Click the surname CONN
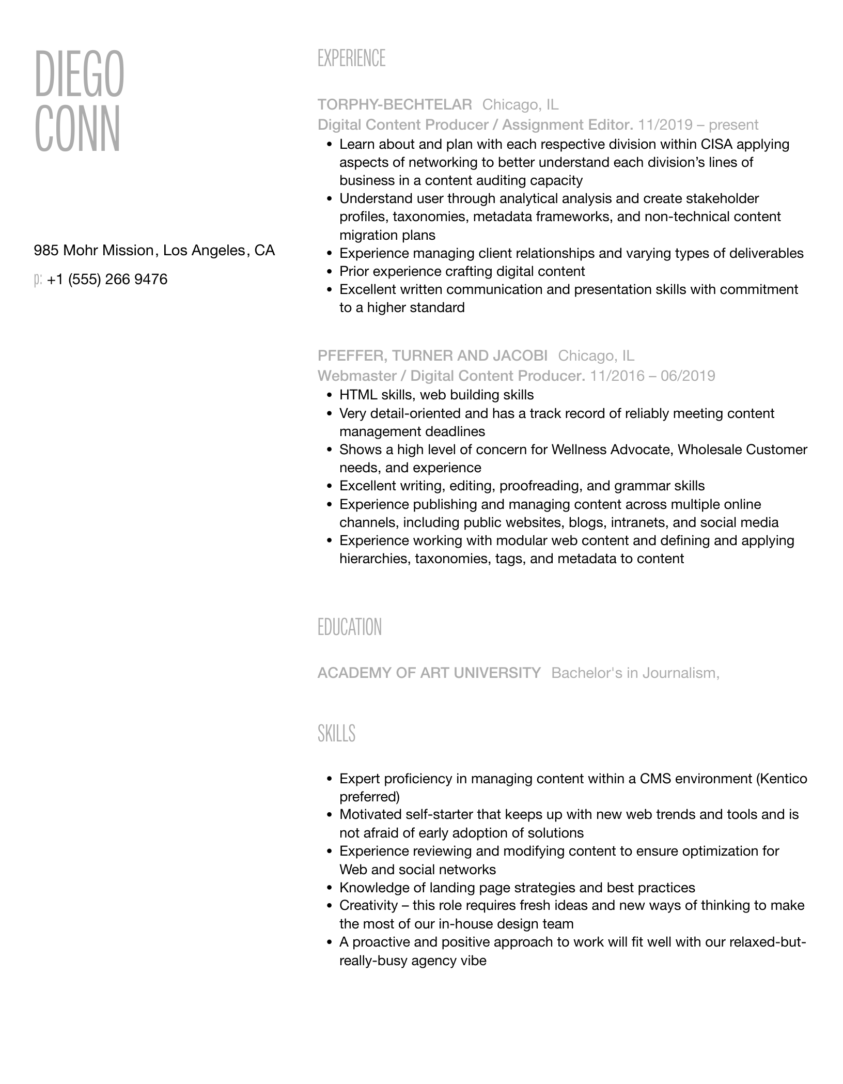point(77,129)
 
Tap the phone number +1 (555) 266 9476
point(107,280)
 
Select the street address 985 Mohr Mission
point(93,251)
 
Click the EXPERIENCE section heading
point(351,58)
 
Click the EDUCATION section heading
point(350,627)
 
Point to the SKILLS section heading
point(336,734)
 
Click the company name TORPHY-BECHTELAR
point(395,105)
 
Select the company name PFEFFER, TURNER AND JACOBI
point(432,355)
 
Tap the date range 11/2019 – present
point(698,125)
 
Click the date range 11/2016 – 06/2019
point(652,376)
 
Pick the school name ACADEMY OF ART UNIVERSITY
point(429,673)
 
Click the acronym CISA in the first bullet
point(716,144)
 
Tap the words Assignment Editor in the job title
point(567,125)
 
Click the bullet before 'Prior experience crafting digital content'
point(330,272)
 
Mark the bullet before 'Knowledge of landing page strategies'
point(330,888)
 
